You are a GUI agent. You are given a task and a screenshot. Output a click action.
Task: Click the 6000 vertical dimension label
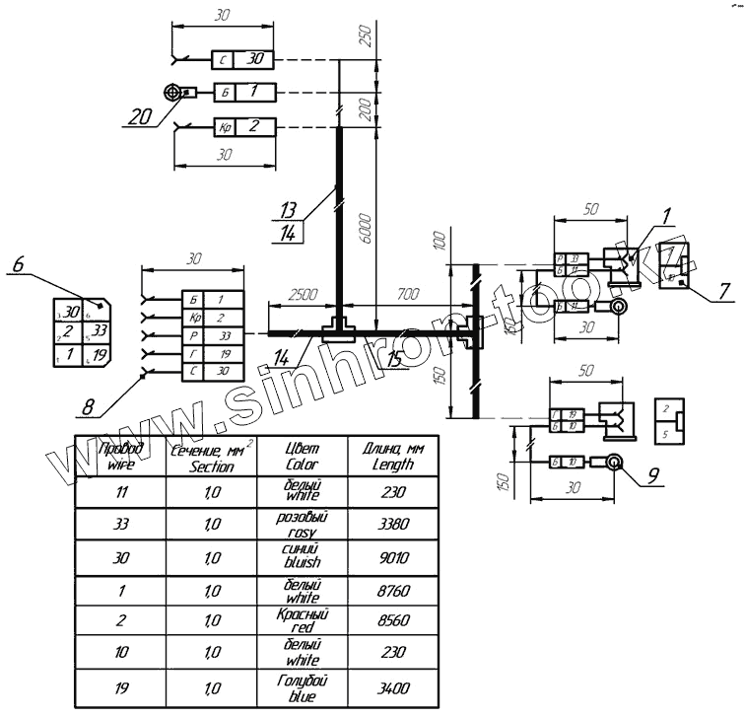(x=365, y=227)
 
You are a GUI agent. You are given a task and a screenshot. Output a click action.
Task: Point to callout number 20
(x=140, y=116)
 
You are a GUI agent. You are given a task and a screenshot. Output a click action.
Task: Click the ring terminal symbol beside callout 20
(x=175, y=93)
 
